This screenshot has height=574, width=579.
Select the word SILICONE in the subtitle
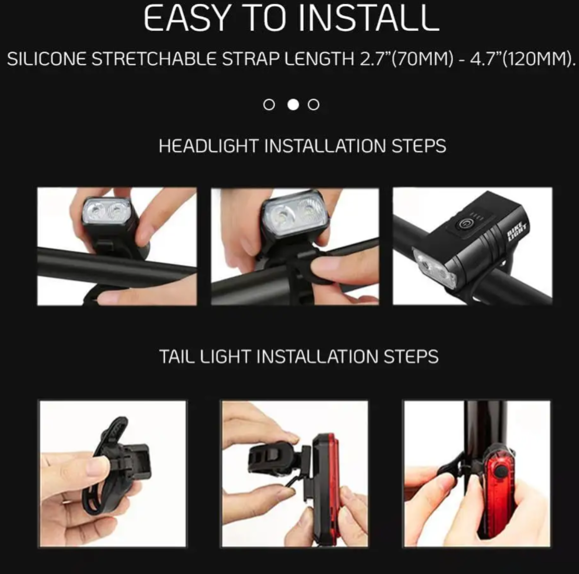46,59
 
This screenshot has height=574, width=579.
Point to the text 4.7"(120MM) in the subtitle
521,59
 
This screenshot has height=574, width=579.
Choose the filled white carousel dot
293,104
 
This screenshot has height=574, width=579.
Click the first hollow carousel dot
269,104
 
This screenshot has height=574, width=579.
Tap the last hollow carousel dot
313,104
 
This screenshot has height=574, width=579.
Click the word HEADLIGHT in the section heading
209,146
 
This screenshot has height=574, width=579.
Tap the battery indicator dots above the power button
477,216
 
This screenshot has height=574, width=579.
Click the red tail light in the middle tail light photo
325,488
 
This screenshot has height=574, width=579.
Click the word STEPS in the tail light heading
411,357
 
